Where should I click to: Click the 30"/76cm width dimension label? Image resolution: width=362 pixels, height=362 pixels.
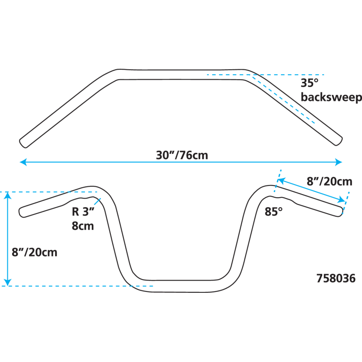pyautogui.click(x=182, y=155)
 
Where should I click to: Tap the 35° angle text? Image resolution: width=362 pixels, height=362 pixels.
pyautogui.click(x=310, y=83)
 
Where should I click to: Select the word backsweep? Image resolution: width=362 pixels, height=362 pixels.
pyautogui.click(x=331, y=97)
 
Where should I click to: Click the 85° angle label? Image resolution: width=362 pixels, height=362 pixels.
pyautogui.click(x=274, y=212)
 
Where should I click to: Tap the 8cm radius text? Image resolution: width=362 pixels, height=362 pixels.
pyautogui.click(x=83, y=226)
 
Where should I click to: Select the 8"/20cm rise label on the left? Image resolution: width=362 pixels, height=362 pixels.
pyautogui.click(x=35, y=252)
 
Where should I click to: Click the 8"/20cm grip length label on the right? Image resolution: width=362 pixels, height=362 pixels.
pyautogui.click(x=329, y=181)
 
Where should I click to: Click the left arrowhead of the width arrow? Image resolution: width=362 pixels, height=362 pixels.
pyautogui.click(x=22, y=162)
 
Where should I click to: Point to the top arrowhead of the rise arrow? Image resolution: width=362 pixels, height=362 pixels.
pyautogui.click(x=7, y=195)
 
